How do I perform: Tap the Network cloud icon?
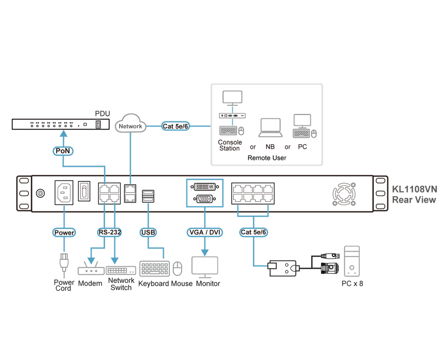pyautogui.click(x=131, y=124)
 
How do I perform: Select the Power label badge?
pyautogui.click(x=64, y=232)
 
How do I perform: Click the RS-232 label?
pyautogui.click(x=109, y=232)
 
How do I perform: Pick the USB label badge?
pyautogui.click(x=148, y=232)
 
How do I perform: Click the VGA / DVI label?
pyautogui.click(x=204, y=232)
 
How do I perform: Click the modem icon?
pyautogui.click(x=90, y=270)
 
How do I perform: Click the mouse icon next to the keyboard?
pyautogui.click(x=178, y=269)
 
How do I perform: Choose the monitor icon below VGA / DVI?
pyautogui.click(x=205, y=267)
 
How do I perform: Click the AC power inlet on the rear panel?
pyautogui.click(x=64, y=192)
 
